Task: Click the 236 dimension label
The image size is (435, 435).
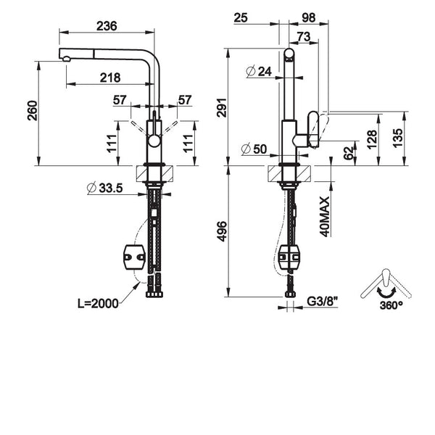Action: [x=107, y=26]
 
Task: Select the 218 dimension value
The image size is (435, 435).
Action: [x=110, y=78]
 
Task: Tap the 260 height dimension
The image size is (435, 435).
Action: [x=33, y=111]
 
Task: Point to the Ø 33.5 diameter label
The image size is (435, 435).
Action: [x=104, y=188]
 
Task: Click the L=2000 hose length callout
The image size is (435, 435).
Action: [x=98, y=304]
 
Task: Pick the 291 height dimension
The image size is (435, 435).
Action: [x=222, y=107]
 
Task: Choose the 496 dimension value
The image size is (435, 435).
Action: [x=222, y=231]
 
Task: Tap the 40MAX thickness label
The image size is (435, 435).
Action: [x=325, y=217]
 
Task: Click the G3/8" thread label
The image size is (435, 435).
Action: [x=323, y=302]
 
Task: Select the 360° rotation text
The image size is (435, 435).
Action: [x=391, y=305]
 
